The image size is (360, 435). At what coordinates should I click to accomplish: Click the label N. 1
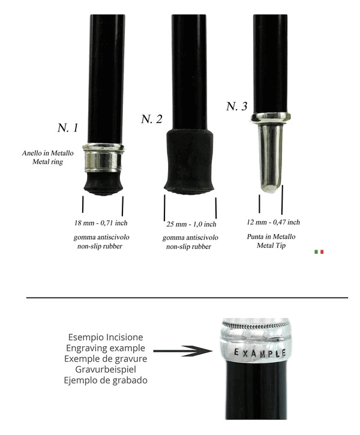point(68,128)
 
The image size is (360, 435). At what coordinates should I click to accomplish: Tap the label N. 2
point(151,119)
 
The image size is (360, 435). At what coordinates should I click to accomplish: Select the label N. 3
point(236,106)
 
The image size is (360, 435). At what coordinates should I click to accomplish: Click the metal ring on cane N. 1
point(103,158)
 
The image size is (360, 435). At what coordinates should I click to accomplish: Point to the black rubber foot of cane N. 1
point(103,184)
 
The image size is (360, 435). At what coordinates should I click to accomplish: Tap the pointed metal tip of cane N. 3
point(270,158)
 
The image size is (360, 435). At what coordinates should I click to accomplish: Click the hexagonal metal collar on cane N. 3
point(271,118)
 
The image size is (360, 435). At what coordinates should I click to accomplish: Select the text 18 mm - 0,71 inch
point(101,223)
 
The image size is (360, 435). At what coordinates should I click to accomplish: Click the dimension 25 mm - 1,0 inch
point(191,224)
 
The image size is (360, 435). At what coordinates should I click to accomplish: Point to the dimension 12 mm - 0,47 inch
point(273,222)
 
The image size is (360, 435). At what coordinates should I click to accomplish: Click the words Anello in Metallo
point(48,153)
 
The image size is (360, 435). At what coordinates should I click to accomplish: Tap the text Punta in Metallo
point(271,236)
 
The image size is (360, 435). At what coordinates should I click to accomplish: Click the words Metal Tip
point(271,245)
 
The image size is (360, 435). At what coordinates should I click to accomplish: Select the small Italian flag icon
point(319,252)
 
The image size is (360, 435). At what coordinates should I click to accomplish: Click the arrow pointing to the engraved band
point(182,351)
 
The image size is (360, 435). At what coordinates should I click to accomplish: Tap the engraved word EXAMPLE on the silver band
point(260,353)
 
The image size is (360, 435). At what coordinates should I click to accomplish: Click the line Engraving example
point(106,348)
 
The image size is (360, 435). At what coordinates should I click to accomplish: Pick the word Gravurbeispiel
point(106,369)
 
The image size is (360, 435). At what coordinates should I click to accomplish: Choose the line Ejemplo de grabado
point(106,380)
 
